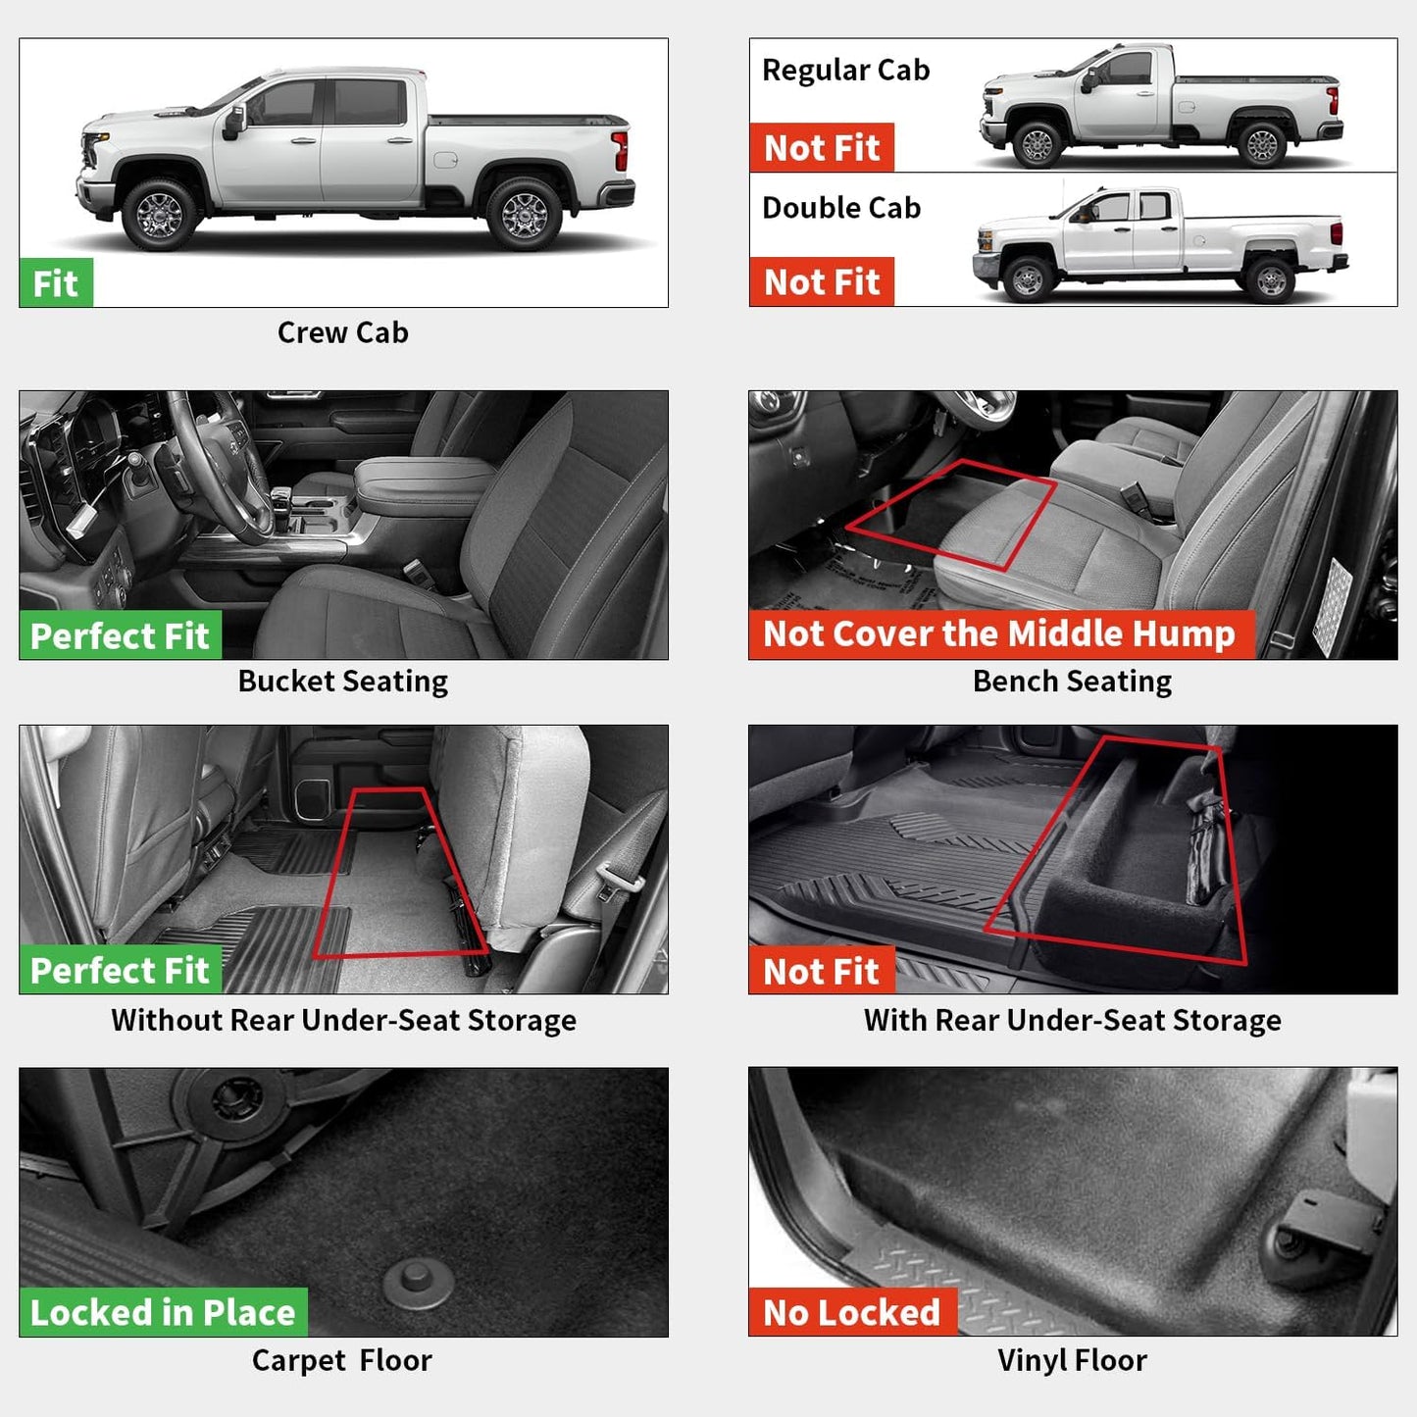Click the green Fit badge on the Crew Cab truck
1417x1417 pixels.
pyautogui.click(x=56, y=283)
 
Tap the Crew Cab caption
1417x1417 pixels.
pyautogui.click(x=342, y=333)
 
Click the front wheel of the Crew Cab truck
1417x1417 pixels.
pyautogui.click(x=159, y=213)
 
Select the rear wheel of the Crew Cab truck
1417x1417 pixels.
pyautogui.click(x=524, y=213)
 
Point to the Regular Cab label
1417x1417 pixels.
pyautogui.click(x=845, y=71)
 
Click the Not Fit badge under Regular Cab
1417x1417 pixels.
pyautogui.click(x=822, y=148)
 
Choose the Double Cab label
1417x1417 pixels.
pyautogui.click(x=841, y=208)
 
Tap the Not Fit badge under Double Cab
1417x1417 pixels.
pyautogui.click(x=822, y=282)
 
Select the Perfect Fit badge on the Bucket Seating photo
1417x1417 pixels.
pyautogui.click(x=120, y=636)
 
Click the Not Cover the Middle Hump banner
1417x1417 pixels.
pyautogui.click(x=1000, y=634)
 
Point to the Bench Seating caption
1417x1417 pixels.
pyautogui.click(x=1072, y=682)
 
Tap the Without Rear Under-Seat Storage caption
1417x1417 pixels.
pyautogui.click(x=343, y=1021)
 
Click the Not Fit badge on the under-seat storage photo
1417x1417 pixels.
pyautogui.click(x=822, y=972)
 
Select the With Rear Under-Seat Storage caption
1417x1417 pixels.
pyautogui.click(x=1072, y=1021)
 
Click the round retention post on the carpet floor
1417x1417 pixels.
pyautogui.click(x=418, y=1281)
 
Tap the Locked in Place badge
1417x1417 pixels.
pyautogui.click(x=163, y=1313)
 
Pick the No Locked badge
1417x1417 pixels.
pyautogui.click(x=852, y=1313)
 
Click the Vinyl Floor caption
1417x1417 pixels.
pyautogui.click(x=1072, y=1361)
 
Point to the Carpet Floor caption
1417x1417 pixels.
pyautogui.click(x=341, y=1361)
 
